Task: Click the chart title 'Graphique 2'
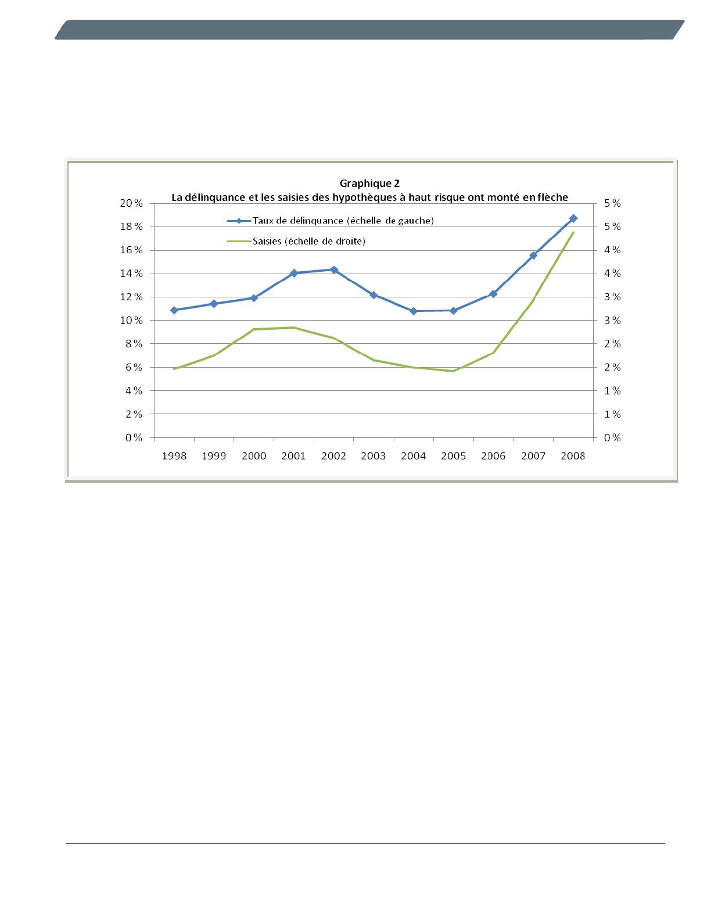[369, 184]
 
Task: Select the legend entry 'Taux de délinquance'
[343, 221]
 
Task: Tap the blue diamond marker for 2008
[573, 218]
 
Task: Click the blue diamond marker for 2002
[334, 269]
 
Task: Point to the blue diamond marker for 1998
[174, 310]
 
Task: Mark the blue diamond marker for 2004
[414, 311]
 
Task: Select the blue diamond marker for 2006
[493, 294]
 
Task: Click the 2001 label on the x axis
[293, 456]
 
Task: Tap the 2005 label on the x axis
[453, 456]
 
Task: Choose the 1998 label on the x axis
[174, 456]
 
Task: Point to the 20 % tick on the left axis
[131, 203]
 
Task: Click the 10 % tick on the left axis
[131, 321]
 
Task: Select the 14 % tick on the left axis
[131, 274]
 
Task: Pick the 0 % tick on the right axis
[612, 438]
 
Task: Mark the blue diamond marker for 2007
[533, 256]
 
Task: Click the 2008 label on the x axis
[573, 456]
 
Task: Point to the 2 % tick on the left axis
[133, 414]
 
